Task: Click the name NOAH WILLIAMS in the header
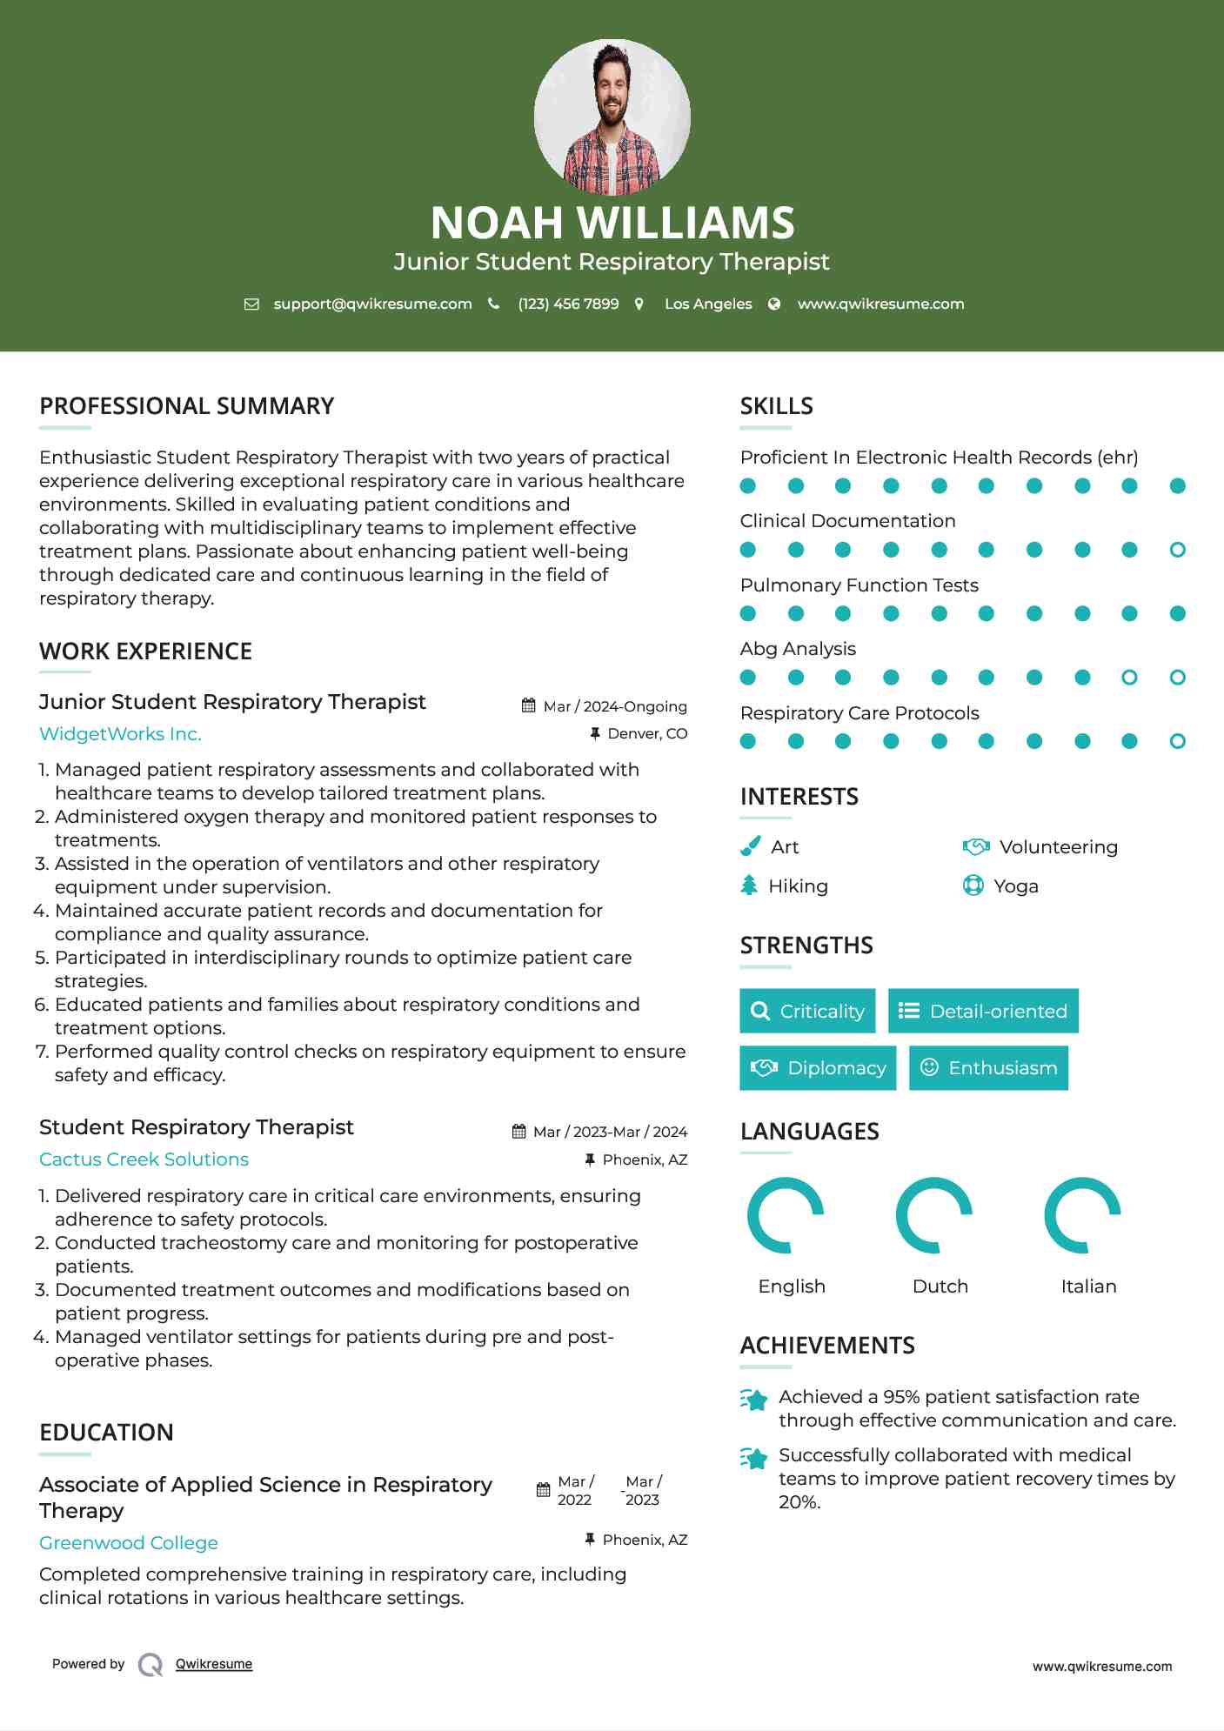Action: click(x=612, y=223)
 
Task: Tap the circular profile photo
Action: click(x=612, y=117)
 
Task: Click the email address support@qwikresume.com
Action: click(x=372, y=304)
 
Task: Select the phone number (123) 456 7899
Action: click(x=568, y=304)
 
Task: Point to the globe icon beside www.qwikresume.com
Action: click(x=774, y=304)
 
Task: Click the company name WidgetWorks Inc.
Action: click(x=120, y=733)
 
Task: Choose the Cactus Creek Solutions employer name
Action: click(x=144, y=1159)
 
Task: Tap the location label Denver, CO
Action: click(x=646, y=733)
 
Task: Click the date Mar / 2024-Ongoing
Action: click(x=614, y=706)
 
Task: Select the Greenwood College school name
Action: click(x=129, y=1542)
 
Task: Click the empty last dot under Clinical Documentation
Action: click(x=1177, y=550)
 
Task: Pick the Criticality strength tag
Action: click(x=807, y=1011)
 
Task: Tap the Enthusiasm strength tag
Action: click(x=988, y=1067)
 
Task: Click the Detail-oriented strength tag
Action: click(x=983, y=1011)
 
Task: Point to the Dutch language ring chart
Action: click(x=934, y=1215)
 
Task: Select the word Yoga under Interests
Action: click(x=1016, y=886)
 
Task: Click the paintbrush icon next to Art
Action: click(x=750, y=846)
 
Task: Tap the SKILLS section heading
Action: click(x=776, y=406)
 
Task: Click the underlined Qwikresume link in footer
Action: click(x=214, y=1663)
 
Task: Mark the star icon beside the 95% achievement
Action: click(x=754, y=1400)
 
